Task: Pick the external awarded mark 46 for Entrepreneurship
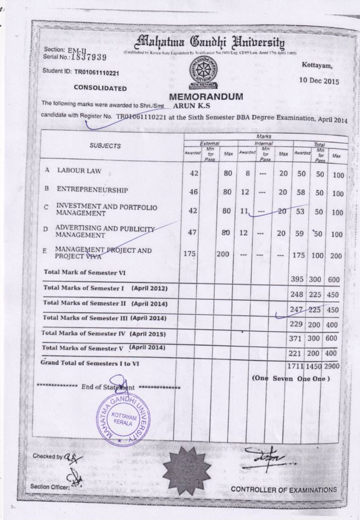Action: click(x=195, y=191)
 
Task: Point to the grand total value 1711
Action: click(x=298, y=366)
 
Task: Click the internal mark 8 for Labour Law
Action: click(x=248, y=173)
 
